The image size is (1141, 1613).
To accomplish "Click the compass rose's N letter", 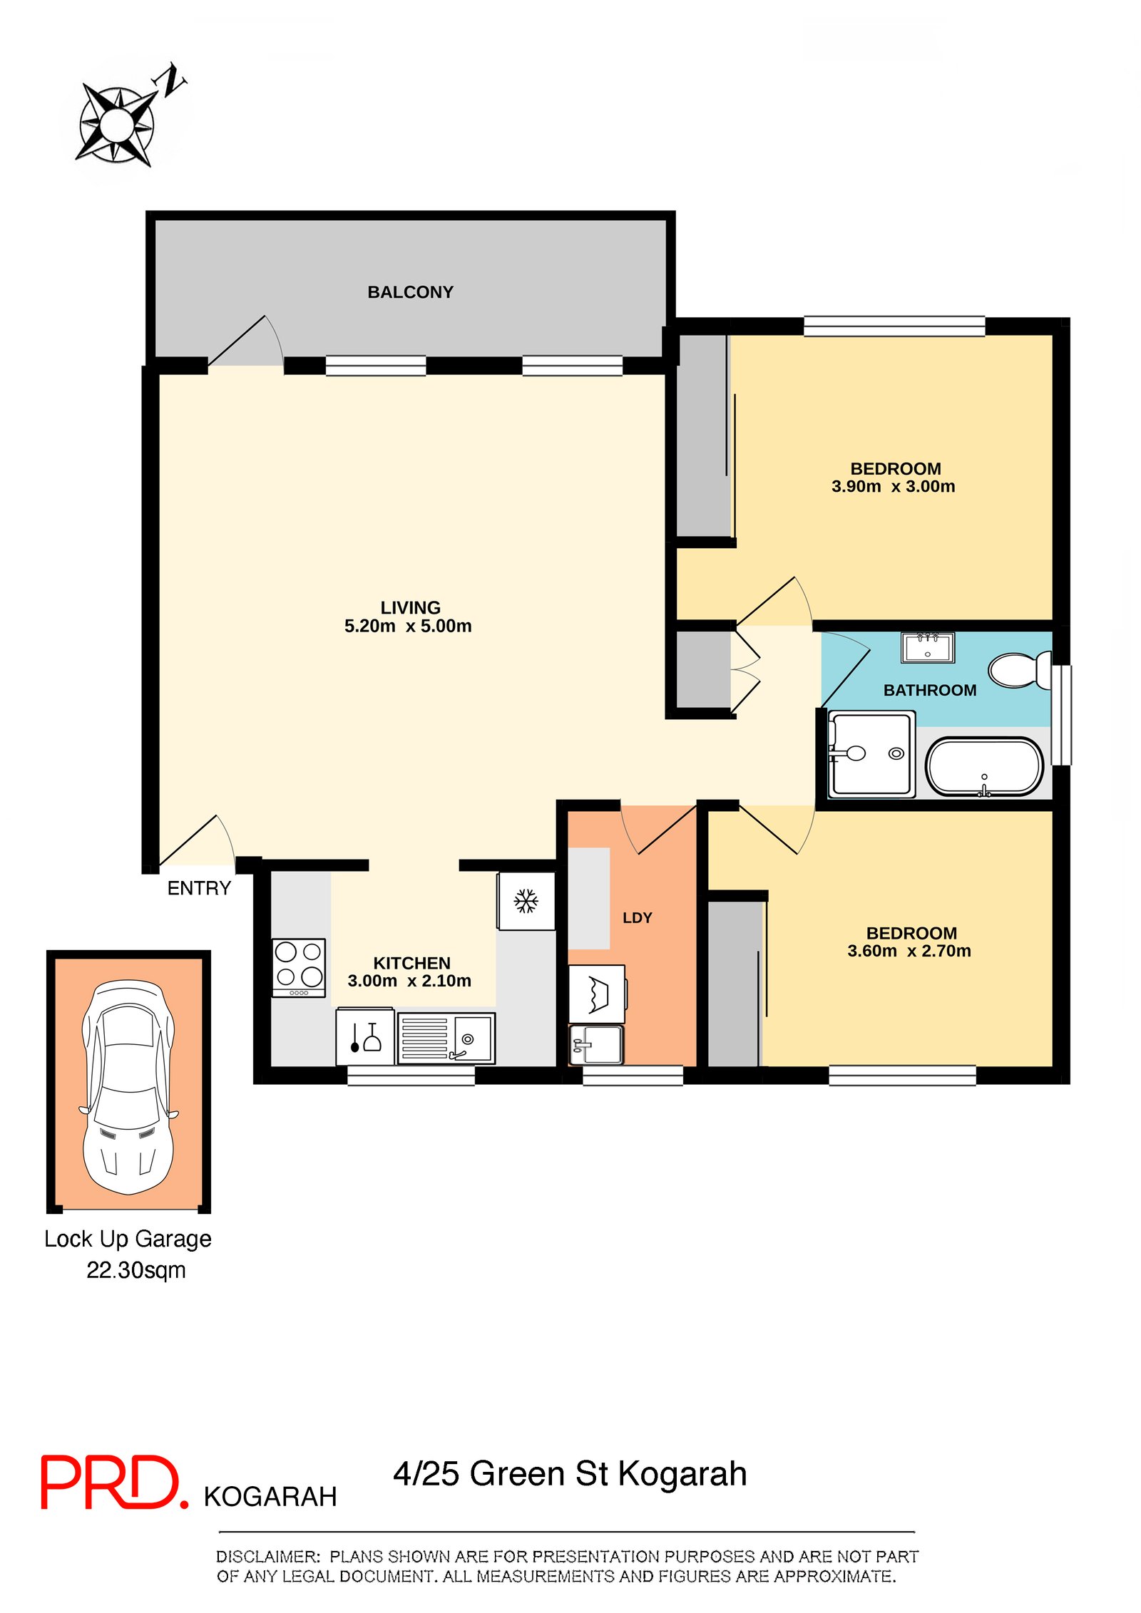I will coord(171,80).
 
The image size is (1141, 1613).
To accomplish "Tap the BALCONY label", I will coord(410,292).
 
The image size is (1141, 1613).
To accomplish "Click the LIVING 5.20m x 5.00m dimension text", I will coord(408,626).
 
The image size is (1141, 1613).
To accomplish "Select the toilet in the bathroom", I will coord(1018,670).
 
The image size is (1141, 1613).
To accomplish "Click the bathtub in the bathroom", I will coord(984,767).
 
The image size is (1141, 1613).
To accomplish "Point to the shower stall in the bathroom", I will coord(871,754).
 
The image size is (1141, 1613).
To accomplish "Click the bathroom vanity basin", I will coord(927,648).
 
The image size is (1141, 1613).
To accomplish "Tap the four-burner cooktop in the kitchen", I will coord(299,967).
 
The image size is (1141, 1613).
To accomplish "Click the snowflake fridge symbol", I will coord(526,900).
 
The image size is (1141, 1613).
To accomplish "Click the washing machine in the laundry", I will coord(597,994).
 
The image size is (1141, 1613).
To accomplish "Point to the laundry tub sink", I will coord(596,1045).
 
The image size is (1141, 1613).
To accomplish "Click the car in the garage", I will coord(128,1086).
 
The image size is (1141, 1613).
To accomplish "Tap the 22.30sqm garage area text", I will coord(136,1270).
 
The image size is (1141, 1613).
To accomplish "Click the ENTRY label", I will coord(199,888).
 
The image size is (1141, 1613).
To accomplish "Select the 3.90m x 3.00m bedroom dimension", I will coord(893,486).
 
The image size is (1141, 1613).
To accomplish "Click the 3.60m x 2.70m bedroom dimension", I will coord(909,951).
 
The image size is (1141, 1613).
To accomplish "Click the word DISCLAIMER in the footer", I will coord(267,1557).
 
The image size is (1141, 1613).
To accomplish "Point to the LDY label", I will coord(637,918).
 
